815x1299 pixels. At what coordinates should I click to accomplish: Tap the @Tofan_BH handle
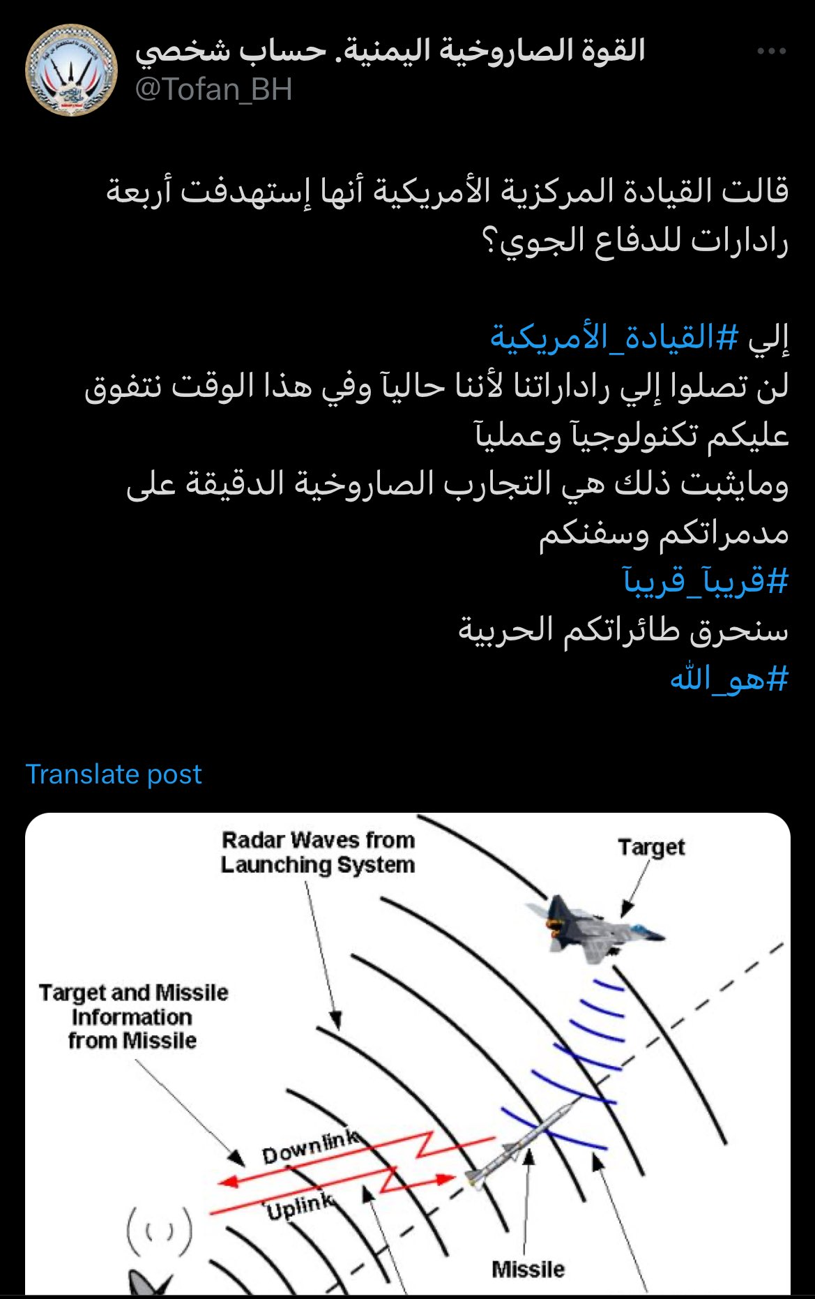tap(213, 90)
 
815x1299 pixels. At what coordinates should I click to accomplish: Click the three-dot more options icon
tap(771, 52)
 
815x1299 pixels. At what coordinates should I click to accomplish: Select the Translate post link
tap(114, 774)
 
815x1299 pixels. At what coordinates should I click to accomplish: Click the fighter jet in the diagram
tap(593, 928)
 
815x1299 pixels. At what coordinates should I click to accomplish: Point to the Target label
tap(651, 847)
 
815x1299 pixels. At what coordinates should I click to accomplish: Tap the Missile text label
tap(528, 1269)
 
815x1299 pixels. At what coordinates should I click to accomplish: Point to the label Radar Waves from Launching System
tap(318, 853)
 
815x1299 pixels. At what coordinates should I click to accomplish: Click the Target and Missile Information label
tap(133, 1016)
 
